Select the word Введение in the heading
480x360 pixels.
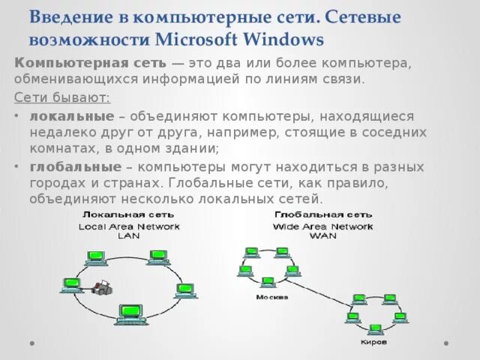70,16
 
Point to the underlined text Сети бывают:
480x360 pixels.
62,98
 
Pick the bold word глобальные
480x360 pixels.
76,166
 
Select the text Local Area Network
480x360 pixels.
129,226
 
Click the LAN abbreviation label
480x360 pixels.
129,235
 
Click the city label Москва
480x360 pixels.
266,296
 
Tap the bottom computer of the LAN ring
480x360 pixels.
129,311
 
